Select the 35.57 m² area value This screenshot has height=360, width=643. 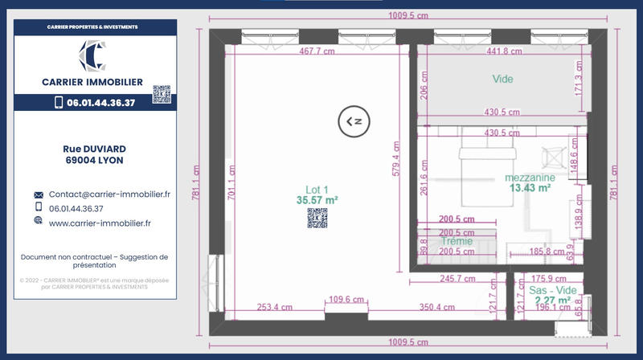point(317,199)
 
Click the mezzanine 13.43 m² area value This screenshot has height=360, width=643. point(529,188)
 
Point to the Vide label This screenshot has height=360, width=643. point(502,79)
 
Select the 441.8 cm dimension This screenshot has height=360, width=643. point(504,51)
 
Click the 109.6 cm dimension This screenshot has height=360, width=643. point(346,300)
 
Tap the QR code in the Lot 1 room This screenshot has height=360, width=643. point(317,218)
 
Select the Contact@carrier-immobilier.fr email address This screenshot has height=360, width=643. point(109,194)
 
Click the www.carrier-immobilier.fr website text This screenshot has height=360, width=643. point(100,223)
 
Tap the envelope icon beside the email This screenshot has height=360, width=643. point(38,195)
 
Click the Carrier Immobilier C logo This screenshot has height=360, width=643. point(92,55)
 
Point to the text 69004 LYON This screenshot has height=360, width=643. point(95,160)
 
